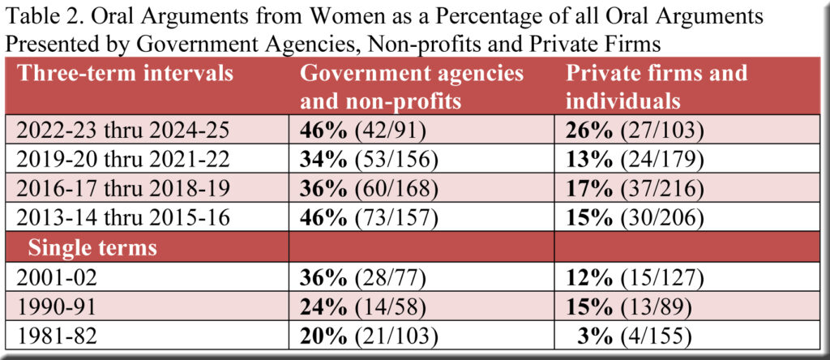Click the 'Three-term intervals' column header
tap(126, 74)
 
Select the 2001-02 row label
tap(55, 278)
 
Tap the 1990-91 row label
tap(55, 306)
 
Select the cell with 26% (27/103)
tap(635, 130)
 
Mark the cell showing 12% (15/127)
tap(635, 278)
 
